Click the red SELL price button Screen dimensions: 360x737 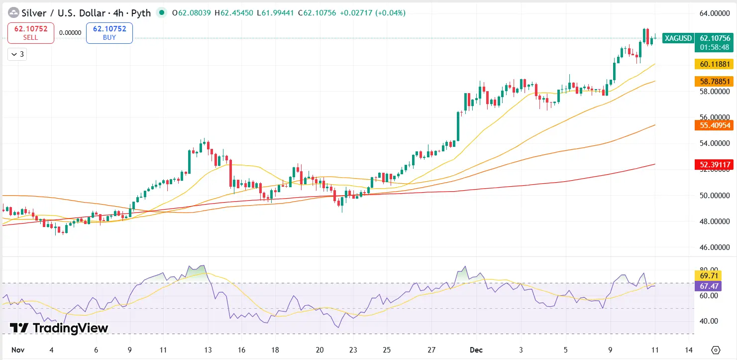pyautogui.click(x=31, y=33)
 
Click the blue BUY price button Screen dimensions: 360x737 pyautogui.click(x=109, y=33)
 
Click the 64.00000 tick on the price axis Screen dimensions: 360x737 pyautogui.click(x=715, y=13)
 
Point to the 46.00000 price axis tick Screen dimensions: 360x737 pyautogui.click(x=715, y=247)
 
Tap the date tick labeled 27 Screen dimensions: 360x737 pyautogui.click(x=431, y=350)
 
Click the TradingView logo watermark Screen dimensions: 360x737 pyautogui.click(x=59, y=328)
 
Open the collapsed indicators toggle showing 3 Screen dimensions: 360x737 pyautogui.click(x=17, y=54)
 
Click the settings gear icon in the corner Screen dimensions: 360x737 pyautogui.click(x=716, y=350)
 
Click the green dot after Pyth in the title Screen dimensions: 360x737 pyautogui.click(x=161, y=13)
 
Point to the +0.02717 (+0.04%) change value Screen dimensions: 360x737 pyautogui.click(x=372, y=13)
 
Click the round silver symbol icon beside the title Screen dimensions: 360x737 pyautogui.click(x=13, y=13)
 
